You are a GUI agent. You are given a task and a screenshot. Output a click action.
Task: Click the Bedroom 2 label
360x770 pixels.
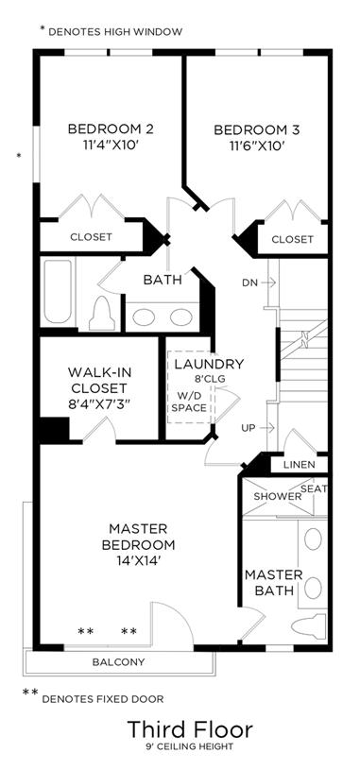pyautogui.click(x=111, y=129)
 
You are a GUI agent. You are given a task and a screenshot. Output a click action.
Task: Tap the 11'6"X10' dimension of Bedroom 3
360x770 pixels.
pyautogui.click(x=256, y=145)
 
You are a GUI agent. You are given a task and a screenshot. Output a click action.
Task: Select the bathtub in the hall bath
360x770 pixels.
pyautogui.click(x=58, y=291)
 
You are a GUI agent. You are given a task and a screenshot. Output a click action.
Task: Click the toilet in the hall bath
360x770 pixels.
pyautogui.click(x=102, y=314)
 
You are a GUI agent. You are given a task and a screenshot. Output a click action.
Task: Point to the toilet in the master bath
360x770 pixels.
pyautogui.click(x=308, y=625)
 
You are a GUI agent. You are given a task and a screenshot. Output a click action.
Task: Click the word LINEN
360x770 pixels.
pyautogui.click(x=300, y=465)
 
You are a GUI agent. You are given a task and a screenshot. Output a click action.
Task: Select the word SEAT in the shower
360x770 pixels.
pyautogui.click(x=314, y=488)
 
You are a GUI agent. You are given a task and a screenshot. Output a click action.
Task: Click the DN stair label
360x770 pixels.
pyautogui.click(x=249, y=282)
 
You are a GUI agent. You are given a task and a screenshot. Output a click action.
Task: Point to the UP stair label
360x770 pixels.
pyautogui.click(x=249, y=428)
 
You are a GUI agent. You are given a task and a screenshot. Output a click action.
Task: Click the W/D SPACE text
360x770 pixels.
pyautogui.click(x=189, y=402)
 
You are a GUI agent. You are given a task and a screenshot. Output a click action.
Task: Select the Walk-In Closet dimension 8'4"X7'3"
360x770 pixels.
pyautogui.click(x=101, y=404)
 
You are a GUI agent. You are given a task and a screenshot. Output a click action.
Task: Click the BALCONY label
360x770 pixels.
pyautogui.click(x=118, y=662)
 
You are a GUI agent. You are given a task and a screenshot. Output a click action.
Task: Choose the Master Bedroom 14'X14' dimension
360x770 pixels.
pyautogui.click(x=139, y=560)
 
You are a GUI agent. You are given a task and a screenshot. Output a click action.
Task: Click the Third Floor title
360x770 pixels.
pyautogui.click(x=191, y=729)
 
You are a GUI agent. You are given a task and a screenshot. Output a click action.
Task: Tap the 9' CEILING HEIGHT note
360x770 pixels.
pyautogui.click(x=191, y=747)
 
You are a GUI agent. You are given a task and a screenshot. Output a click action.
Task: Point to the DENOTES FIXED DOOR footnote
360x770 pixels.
pyautogui.click(x=103, y=699)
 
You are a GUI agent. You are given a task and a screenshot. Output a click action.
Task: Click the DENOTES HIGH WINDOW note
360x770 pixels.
pyautogui.click(x=115, y=32)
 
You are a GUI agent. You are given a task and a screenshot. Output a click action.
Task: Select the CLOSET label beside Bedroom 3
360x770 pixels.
pyautogui.click(x=292, y=240)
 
